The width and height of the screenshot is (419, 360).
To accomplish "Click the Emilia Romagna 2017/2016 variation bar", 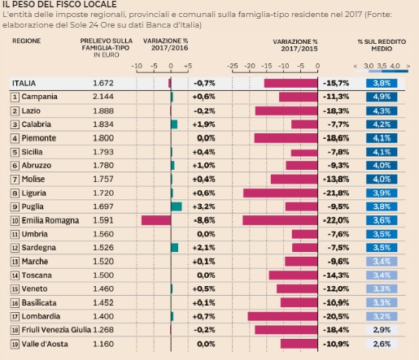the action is (156, 220).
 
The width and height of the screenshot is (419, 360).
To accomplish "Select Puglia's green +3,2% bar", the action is (177, 206).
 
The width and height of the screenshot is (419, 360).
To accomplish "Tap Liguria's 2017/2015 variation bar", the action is (281, 193).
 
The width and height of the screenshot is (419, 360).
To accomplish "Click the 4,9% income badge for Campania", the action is (382, 97).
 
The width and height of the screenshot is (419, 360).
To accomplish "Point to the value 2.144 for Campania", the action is (103, 97).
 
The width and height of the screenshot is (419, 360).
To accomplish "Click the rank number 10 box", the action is (15, 221).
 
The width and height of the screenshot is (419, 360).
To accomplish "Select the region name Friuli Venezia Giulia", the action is (56, 330).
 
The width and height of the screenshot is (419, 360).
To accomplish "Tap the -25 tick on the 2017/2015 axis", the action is (233, 66).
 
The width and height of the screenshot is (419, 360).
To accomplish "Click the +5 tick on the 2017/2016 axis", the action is (188, 66).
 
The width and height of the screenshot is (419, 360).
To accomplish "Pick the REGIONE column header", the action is (27, 41).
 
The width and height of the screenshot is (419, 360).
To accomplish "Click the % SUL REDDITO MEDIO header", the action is (382, 46).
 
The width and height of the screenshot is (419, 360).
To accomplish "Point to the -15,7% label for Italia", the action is (336, 83).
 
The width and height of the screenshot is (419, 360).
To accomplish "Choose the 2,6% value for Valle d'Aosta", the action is (382, 344).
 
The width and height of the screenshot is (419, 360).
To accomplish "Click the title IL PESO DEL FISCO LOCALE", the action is (59, 4).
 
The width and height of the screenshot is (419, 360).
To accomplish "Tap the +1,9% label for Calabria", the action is (203, 124).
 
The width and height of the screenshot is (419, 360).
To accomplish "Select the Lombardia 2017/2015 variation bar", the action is (282, 316).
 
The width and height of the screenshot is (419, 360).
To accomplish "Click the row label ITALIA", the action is (24, 83).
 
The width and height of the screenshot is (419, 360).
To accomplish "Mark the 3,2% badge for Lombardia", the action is (382, 316).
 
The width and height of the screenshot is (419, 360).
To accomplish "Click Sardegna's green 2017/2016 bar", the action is (175, 248).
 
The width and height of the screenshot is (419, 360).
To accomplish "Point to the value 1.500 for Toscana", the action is (103, 275).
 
